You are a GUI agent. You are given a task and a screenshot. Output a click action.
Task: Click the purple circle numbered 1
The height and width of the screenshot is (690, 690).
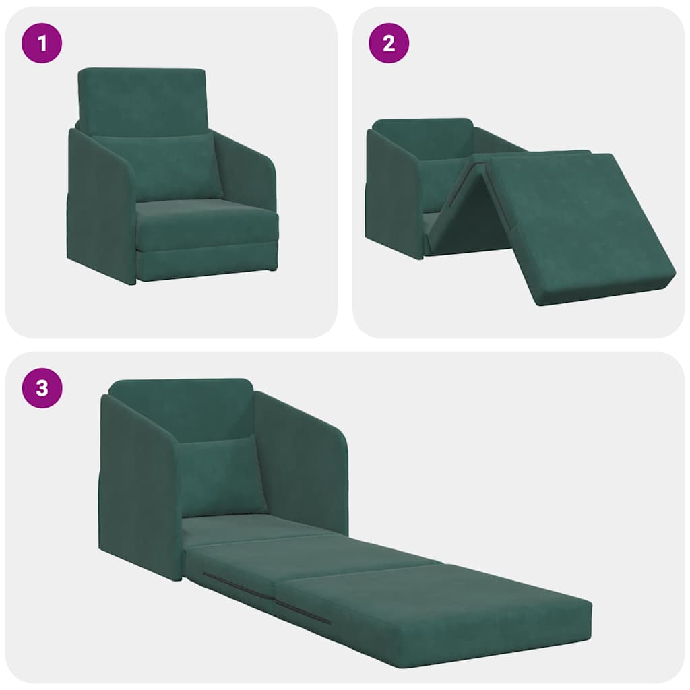pyautogui.click(x=42, y=43)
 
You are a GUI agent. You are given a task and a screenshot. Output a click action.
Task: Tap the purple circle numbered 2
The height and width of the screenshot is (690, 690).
pyautogui.click(x=389, y=43)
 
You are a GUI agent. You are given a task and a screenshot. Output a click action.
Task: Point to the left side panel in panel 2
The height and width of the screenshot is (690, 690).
pyautogui.click(x=393, y=195)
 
